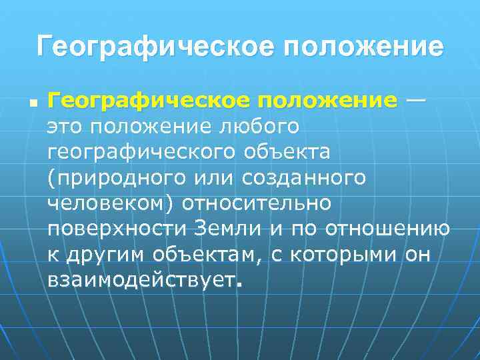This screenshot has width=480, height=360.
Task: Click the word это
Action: [67, 127]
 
